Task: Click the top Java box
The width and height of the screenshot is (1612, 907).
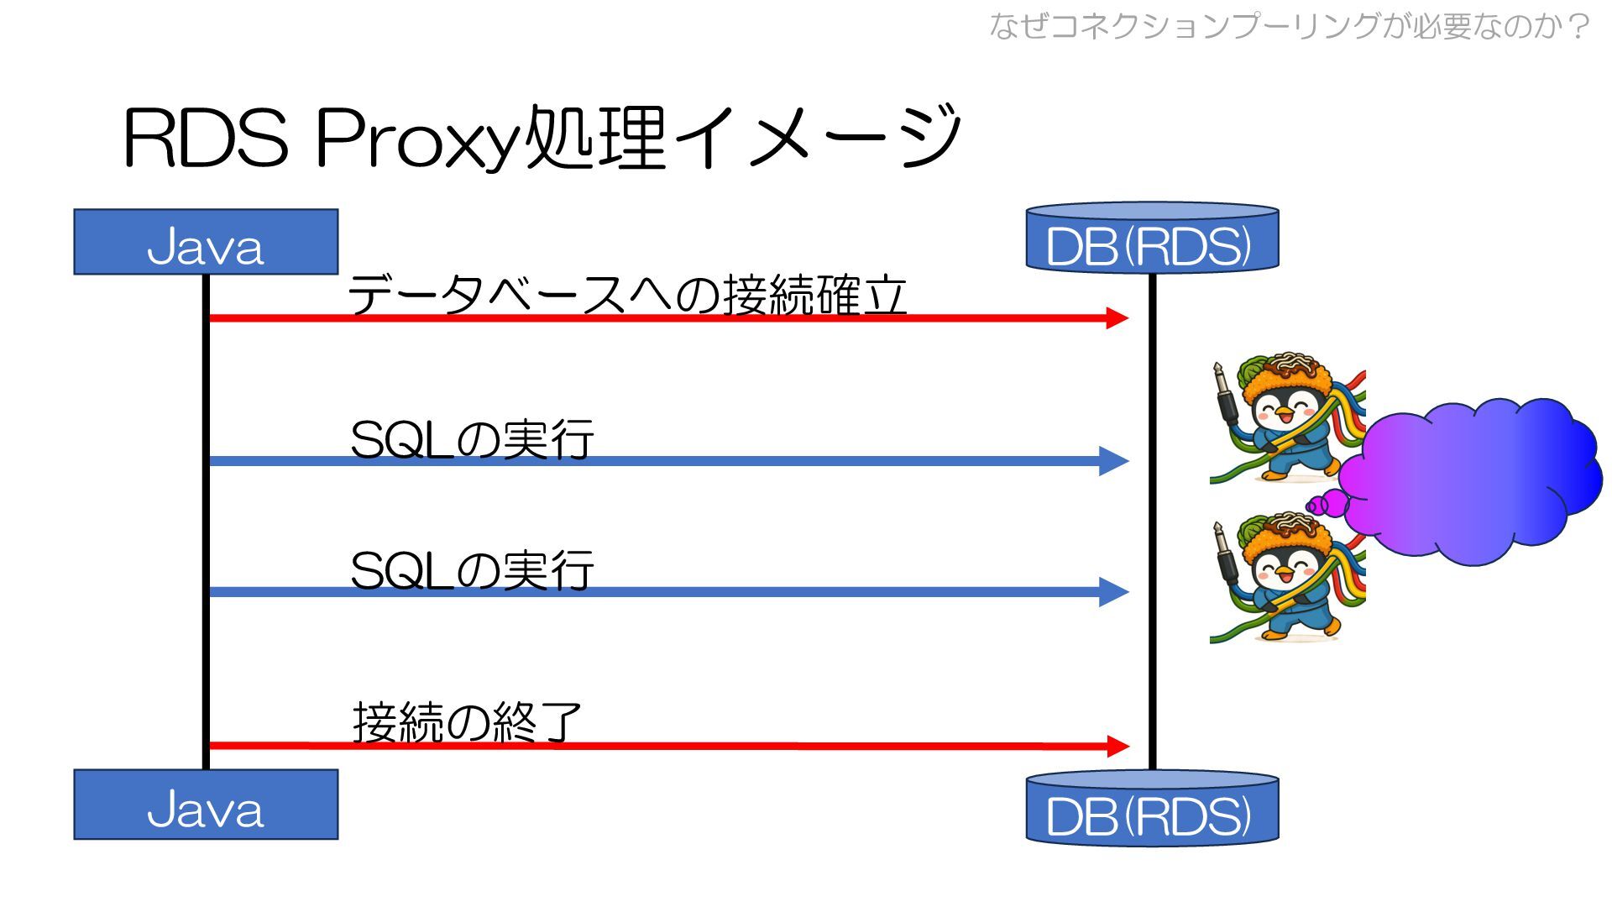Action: pyautogui.click(x=206, y=242)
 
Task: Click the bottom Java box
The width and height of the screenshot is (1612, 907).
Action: pyautogui.click(x=206, y=805)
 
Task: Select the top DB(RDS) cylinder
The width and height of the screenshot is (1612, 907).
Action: pyautogui.click(x=1152, y=239)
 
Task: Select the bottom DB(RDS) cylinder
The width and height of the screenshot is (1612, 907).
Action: pyautogui.click(x=1152, y=809)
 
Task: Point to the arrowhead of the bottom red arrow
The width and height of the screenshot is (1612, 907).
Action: pyautogui.click(x=1117, y=746)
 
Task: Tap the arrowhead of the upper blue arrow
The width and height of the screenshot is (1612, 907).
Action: pyautogui.click(x=1114, y=461)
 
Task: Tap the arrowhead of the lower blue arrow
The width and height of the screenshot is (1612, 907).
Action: pyautogui.click(x=1114, y=592)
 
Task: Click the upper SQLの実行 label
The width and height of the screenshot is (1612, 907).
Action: pyautogui.click(x=472, y=439)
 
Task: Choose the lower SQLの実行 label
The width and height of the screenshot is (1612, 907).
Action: pyautogui.click(x=472, y=570)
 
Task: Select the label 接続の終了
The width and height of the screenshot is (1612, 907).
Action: pyautogui.click(x=467, y=722)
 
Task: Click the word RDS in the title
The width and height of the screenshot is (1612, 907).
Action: pyautogui.click(x=207, y=139)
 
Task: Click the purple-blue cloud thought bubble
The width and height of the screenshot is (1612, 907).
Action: pyautogui.click(x=1469, y=479)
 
